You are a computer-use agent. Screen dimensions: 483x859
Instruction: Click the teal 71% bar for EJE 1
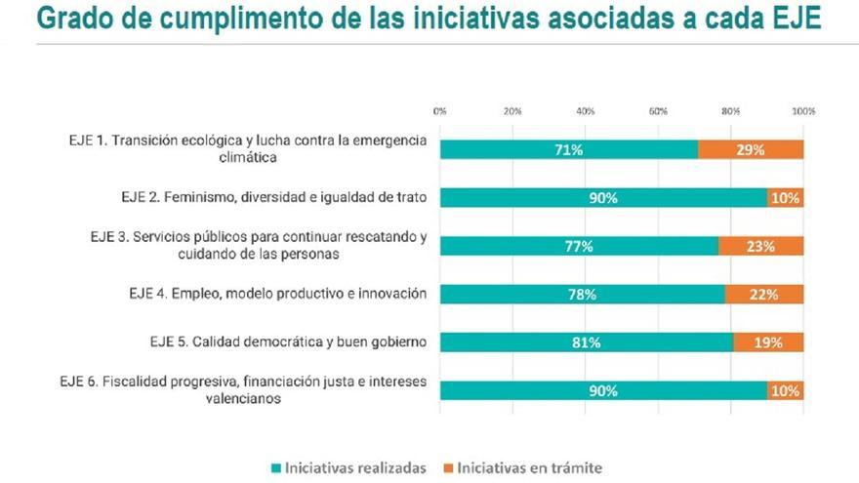pyautogui.click(x=569, y=149)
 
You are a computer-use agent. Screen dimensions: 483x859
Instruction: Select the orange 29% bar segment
pyautogui.click(x=751, y=149)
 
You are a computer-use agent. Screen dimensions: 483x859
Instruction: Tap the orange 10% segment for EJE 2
pyautogui.click(x=785, y=198)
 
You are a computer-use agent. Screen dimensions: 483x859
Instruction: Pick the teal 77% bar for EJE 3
pyautogui.click(x=579, y=246)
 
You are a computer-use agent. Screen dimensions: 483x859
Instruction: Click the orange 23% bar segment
pyautogui.click(x=761, y=246)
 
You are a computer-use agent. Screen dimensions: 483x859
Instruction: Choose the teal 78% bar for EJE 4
pyautogui.click(x=583, y=294)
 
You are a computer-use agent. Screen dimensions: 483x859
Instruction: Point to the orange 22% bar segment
pyautogui.click(x=763, y=294)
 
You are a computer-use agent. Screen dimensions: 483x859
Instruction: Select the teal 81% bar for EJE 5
pyautogui.click(x=587, y=342)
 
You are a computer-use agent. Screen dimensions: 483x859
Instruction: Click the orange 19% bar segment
pyautogui.click(x=768, y=342)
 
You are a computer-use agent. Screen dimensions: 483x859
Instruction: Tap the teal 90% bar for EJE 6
pyautogui.click(x=603, y=390)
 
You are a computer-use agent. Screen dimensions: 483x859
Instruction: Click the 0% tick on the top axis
pyautogui.click(x=439, y=111)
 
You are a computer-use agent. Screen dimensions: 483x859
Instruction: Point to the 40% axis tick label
pyautogui.click(x=586, y=111)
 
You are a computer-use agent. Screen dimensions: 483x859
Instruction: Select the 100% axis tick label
pyautogui.click(x=803, y=111)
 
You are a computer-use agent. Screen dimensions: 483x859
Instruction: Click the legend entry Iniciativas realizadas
pyautogui.click(x=349, y=467)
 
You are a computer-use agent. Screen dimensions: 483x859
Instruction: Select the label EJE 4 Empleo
pyautogui.click(x=277, y=293)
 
